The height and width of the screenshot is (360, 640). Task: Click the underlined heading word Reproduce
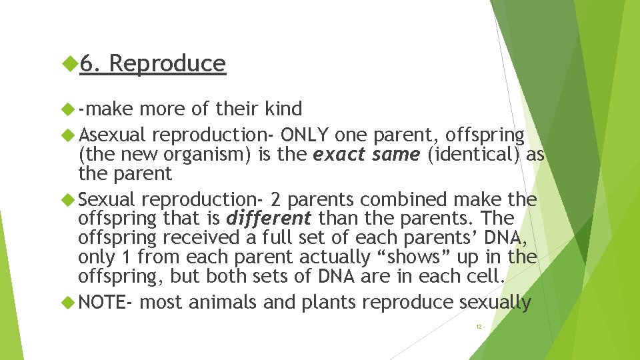167,63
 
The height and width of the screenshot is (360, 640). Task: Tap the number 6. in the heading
90,63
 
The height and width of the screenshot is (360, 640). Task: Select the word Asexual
111,135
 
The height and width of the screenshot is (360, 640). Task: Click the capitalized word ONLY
305,135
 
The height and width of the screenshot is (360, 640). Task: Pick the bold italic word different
269,218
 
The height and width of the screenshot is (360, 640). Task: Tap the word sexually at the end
495,303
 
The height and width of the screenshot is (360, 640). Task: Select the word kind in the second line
283,108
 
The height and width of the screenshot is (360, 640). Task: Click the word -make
105,108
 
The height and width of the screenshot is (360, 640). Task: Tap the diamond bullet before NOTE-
70,303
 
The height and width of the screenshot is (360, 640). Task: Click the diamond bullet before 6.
70,63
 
